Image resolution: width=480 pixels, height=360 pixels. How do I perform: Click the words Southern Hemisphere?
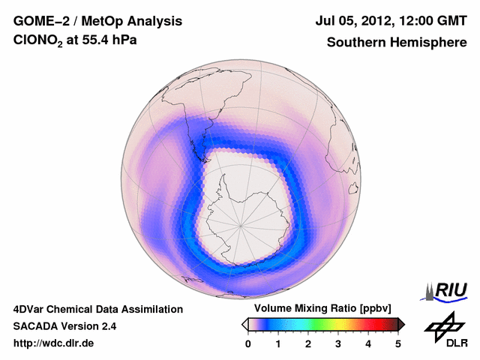coord(395,42)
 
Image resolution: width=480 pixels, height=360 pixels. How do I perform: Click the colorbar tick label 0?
coord(248,343)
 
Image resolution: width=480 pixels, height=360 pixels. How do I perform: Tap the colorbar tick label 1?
coord(278,343)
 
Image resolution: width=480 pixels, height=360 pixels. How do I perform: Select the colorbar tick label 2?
coord(308,343)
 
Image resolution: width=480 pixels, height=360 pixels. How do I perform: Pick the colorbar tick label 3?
coord(338,343)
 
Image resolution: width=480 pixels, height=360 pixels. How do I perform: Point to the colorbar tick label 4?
coord(368,343)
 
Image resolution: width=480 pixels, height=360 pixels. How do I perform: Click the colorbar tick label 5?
coord(398,343)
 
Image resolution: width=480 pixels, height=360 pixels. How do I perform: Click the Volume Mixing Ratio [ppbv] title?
coord(322,308)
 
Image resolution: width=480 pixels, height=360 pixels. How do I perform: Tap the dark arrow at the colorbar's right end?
coord(401,324)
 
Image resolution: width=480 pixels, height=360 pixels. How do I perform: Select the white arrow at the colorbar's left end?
coord(244,324)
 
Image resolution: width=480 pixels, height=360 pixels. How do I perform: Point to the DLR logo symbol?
coord(445,326)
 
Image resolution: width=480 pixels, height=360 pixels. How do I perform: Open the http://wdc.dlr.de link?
coord(54,343)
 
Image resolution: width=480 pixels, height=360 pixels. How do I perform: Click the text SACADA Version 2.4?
coord(64,326)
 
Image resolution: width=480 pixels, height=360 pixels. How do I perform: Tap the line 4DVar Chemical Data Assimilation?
coord(97,309)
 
